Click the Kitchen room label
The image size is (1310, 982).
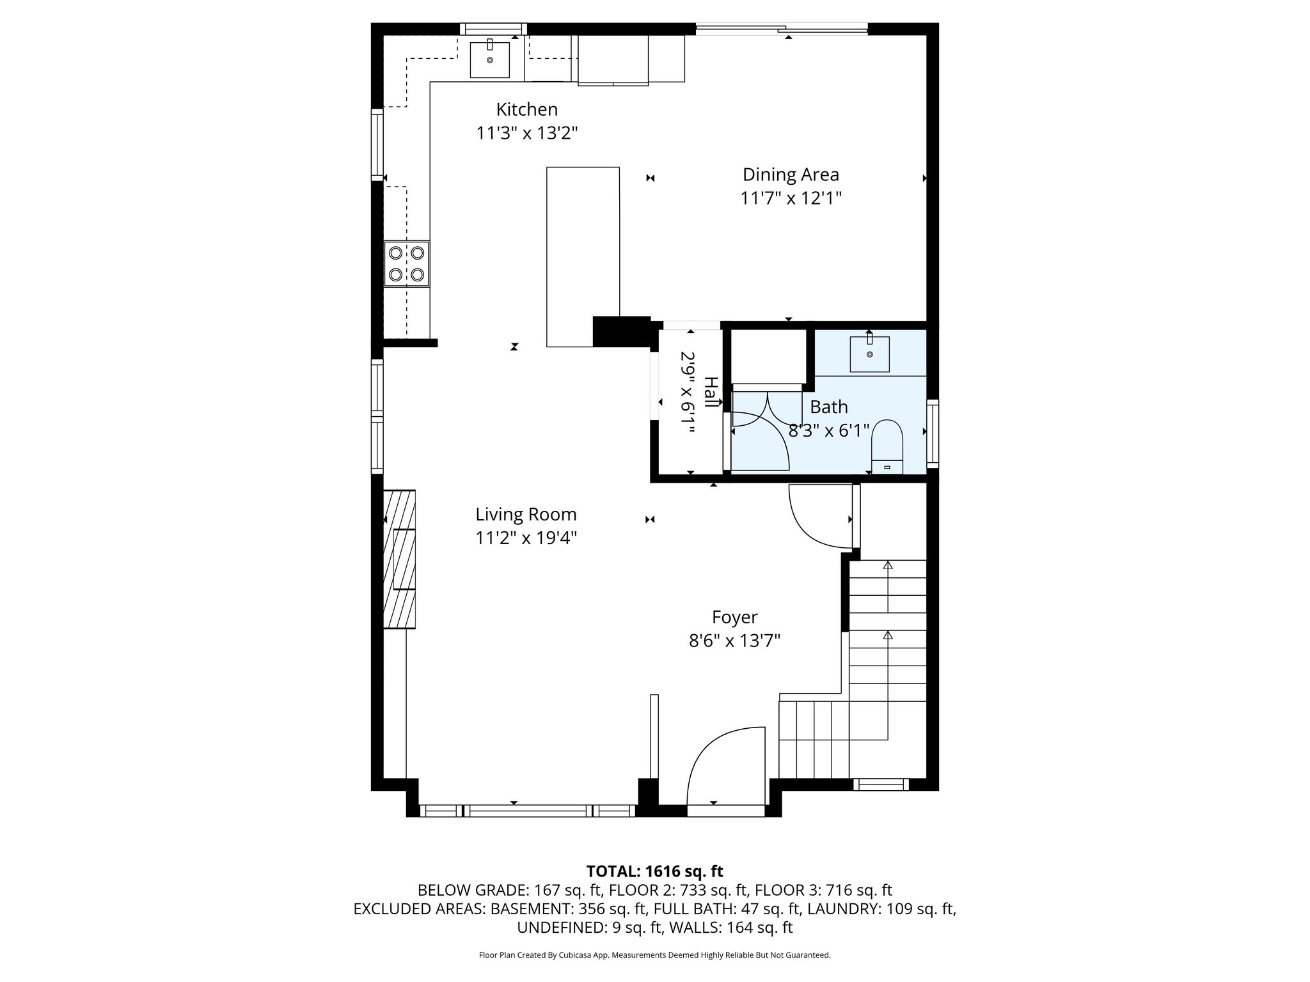[x=527, y=109]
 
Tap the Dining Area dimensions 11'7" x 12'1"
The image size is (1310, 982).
[x=791, y=198]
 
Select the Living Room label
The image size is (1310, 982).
[x=526, y=514]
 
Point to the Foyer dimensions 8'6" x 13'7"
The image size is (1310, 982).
[x=734, y=641]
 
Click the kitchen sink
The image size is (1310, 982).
[x=490, y=59]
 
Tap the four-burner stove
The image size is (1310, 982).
[x=406, y=263]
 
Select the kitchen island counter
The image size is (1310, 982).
[x=583, y=256]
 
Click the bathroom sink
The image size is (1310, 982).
[x=869, y=354]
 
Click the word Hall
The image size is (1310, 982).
[x=711, y=393]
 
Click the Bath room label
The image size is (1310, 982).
[x=829, y=407]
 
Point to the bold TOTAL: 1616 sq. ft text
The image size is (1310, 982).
[x=654, y=871]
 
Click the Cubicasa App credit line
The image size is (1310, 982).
[x=654, y=955]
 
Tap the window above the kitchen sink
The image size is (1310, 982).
[x=493, y=28]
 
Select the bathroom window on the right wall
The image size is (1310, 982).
[x=933, y=432]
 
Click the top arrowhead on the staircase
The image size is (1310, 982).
[x=888, y=565]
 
